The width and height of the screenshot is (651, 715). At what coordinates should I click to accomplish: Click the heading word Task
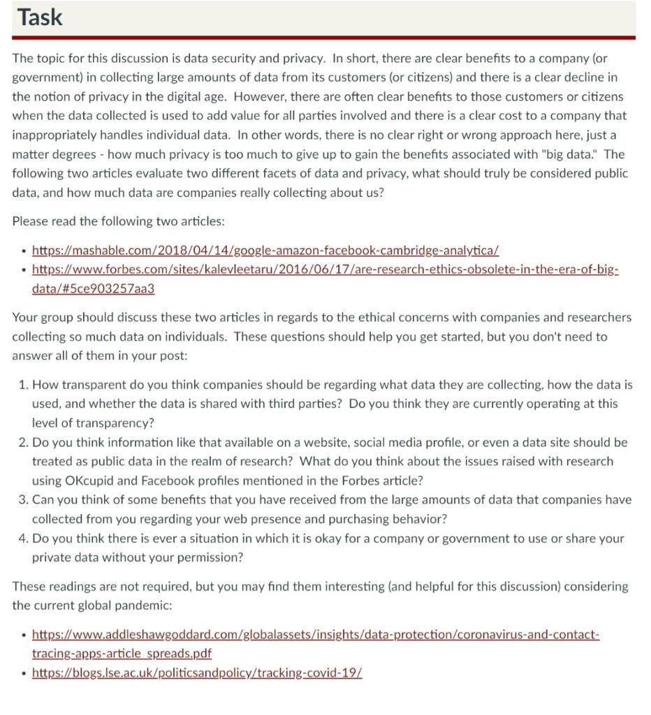click(x=40, y=17)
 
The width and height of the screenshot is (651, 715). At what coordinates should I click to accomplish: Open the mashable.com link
click(x=265, y=250)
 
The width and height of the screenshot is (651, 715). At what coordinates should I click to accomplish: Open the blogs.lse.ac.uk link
click(x=197, y=673)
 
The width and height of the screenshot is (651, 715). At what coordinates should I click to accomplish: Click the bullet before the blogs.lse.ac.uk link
click(x=24, y=674)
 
